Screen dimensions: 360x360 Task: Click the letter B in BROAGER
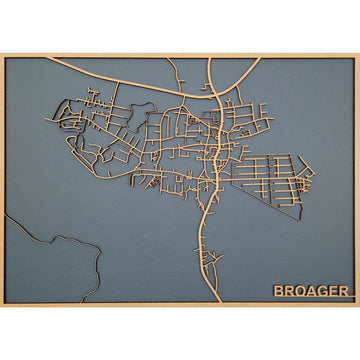(279, 291)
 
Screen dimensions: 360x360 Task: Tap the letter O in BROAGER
(301, 291)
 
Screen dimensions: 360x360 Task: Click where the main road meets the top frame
(212, 59)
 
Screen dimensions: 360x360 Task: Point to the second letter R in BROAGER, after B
(290, 291)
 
